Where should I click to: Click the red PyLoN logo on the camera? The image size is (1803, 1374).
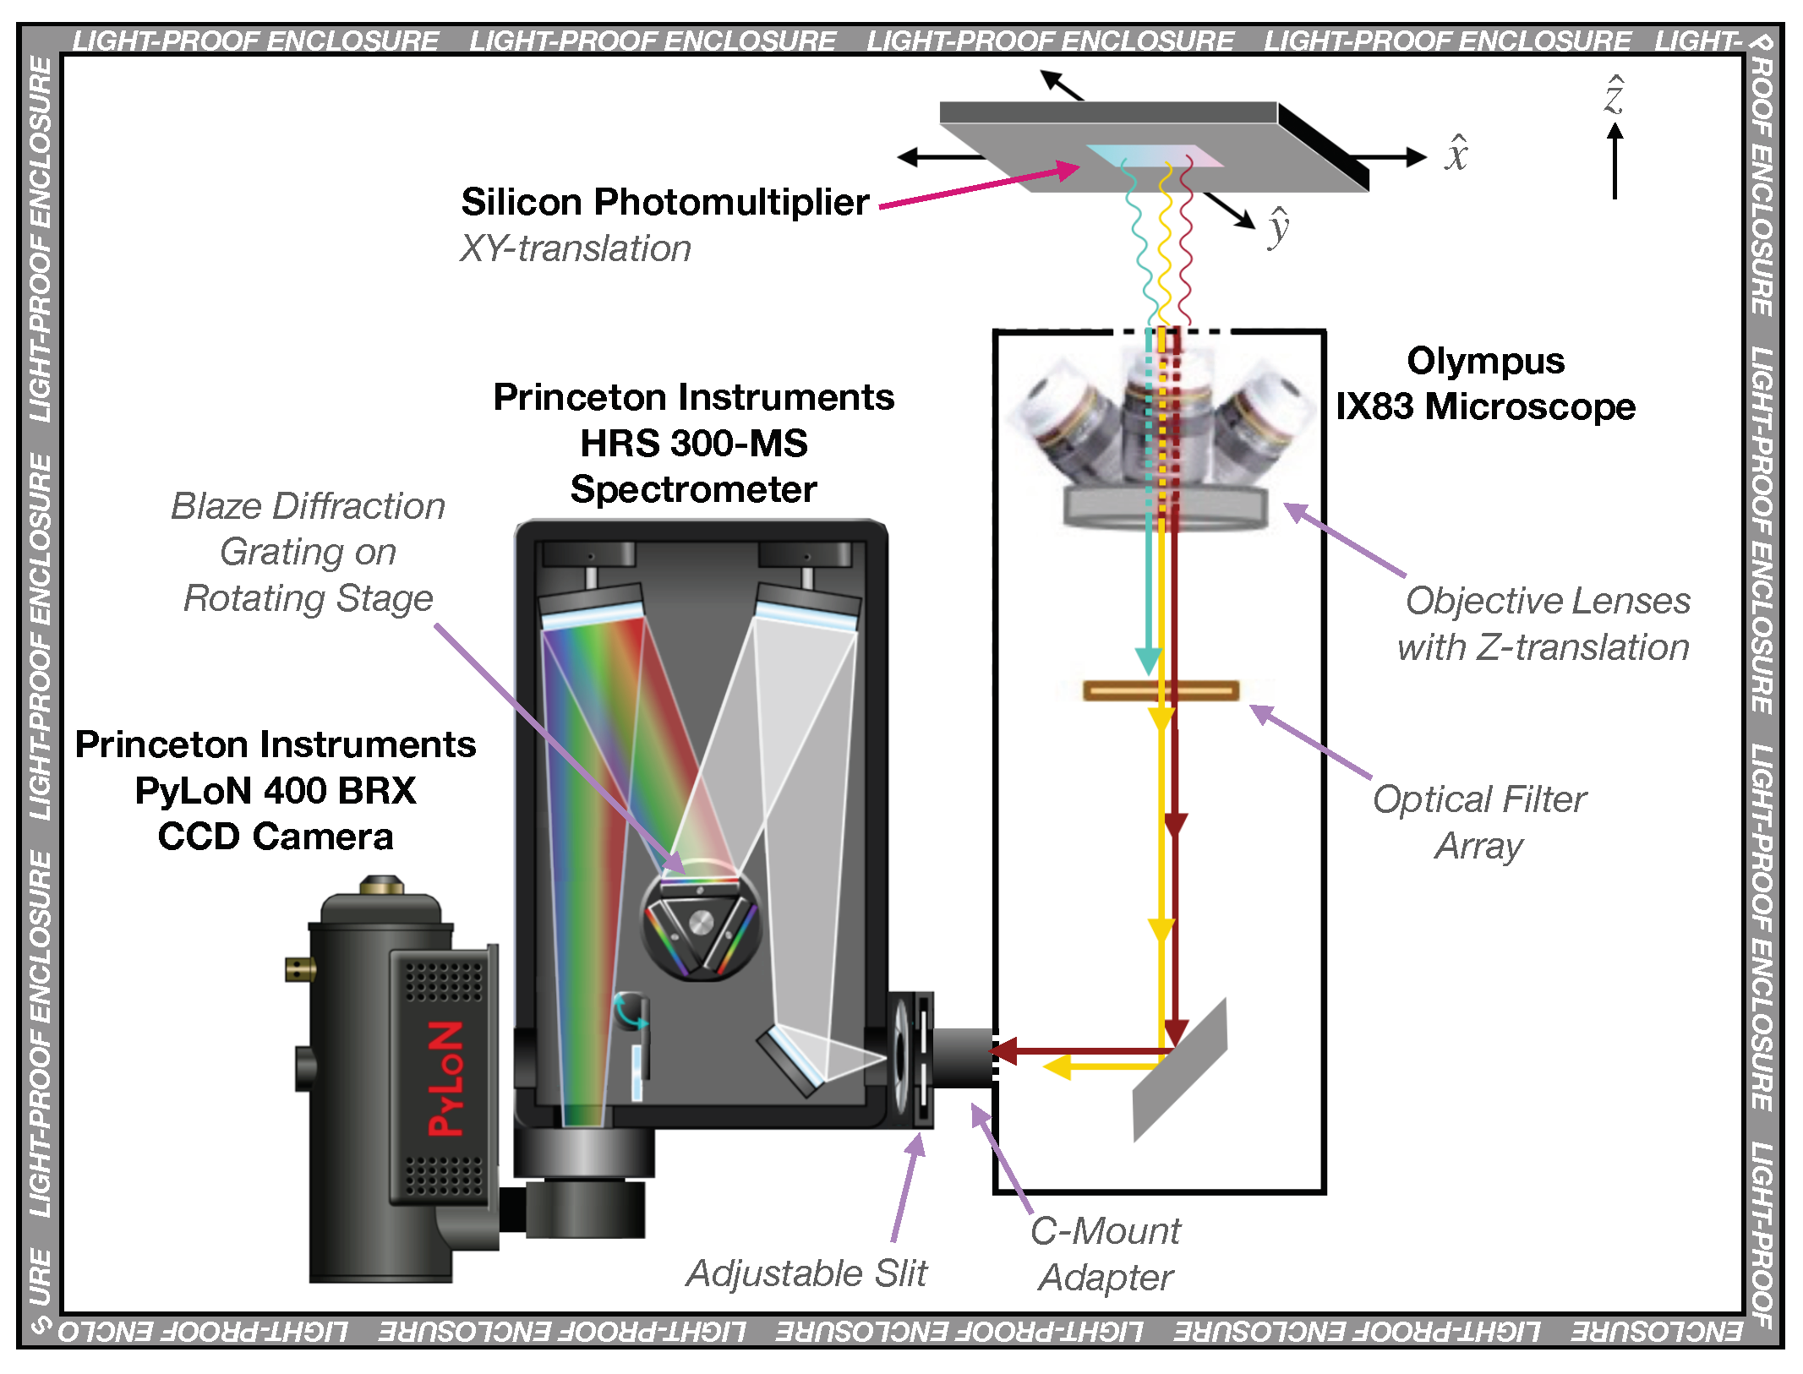[445, 1078]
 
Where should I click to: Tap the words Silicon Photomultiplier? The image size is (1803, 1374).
[664, 203]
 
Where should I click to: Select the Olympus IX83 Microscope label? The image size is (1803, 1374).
[1484, 384]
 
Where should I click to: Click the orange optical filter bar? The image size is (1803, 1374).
[1161, 690]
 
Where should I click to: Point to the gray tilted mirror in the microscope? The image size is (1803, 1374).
[1180, 1070]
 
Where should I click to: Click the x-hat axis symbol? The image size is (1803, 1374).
[1456, 154]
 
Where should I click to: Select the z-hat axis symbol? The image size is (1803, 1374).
[1614, 95]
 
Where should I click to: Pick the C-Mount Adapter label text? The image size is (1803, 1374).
[1106, 1254]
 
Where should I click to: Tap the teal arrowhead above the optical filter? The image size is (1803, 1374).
[1148, 659]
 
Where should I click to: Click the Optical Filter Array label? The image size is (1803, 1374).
[1479, 821]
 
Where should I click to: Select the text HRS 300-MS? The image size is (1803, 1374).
[693, 444]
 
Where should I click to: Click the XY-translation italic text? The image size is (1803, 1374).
[575, 249]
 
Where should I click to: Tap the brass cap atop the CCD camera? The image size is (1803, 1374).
[380, 886]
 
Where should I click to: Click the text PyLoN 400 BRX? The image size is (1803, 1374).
[276, 791]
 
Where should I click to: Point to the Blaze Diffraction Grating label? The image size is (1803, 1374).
[308, 552]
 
